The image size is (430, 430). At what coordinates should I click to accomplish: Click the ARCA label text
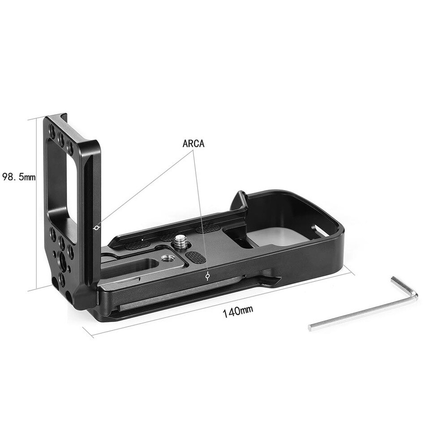[x=193, y=144]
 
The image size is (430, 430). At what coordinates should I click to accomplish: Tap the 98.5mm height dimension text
[x=18, y=177]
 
